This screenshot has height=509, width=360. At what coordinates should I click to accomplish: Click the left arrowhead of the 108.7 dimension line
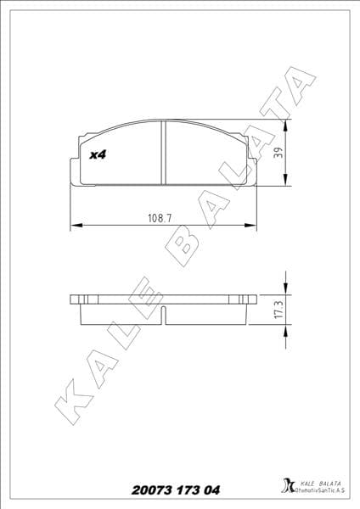74,226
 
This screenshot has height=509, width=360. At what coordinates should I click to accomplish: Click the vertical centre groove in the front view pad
162,153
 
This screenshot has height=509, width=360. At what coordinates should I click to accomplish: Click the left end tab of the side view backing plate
75,300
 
